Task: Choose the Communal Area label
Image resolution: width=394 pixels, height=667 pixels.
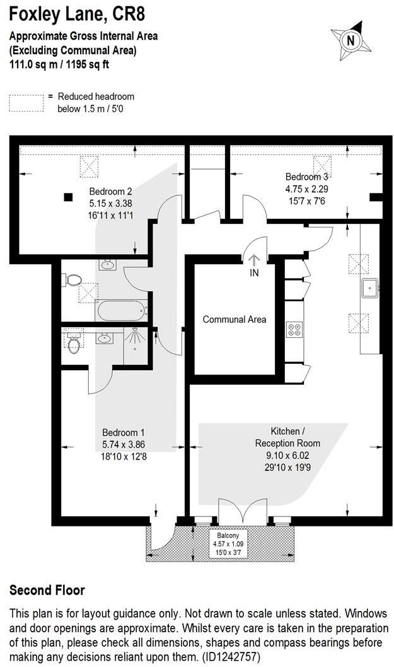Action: click(x=234, y=320)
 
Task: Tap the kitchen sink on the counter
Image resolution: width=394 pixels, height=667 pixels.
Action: click(x=369, y=287)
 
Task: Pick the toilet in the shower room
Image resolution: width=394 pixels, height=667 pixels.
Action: click(x=74, y=343)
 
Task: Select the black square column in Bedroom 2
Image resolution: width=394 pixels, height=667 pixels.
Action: click(x=67, y=196)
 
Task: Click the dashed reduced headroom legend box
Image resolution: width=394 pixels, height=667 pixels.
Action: click(x=26, y=102)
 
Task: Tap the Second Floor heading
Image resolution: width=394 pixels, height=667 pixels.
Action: click(x=47, y=590)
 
